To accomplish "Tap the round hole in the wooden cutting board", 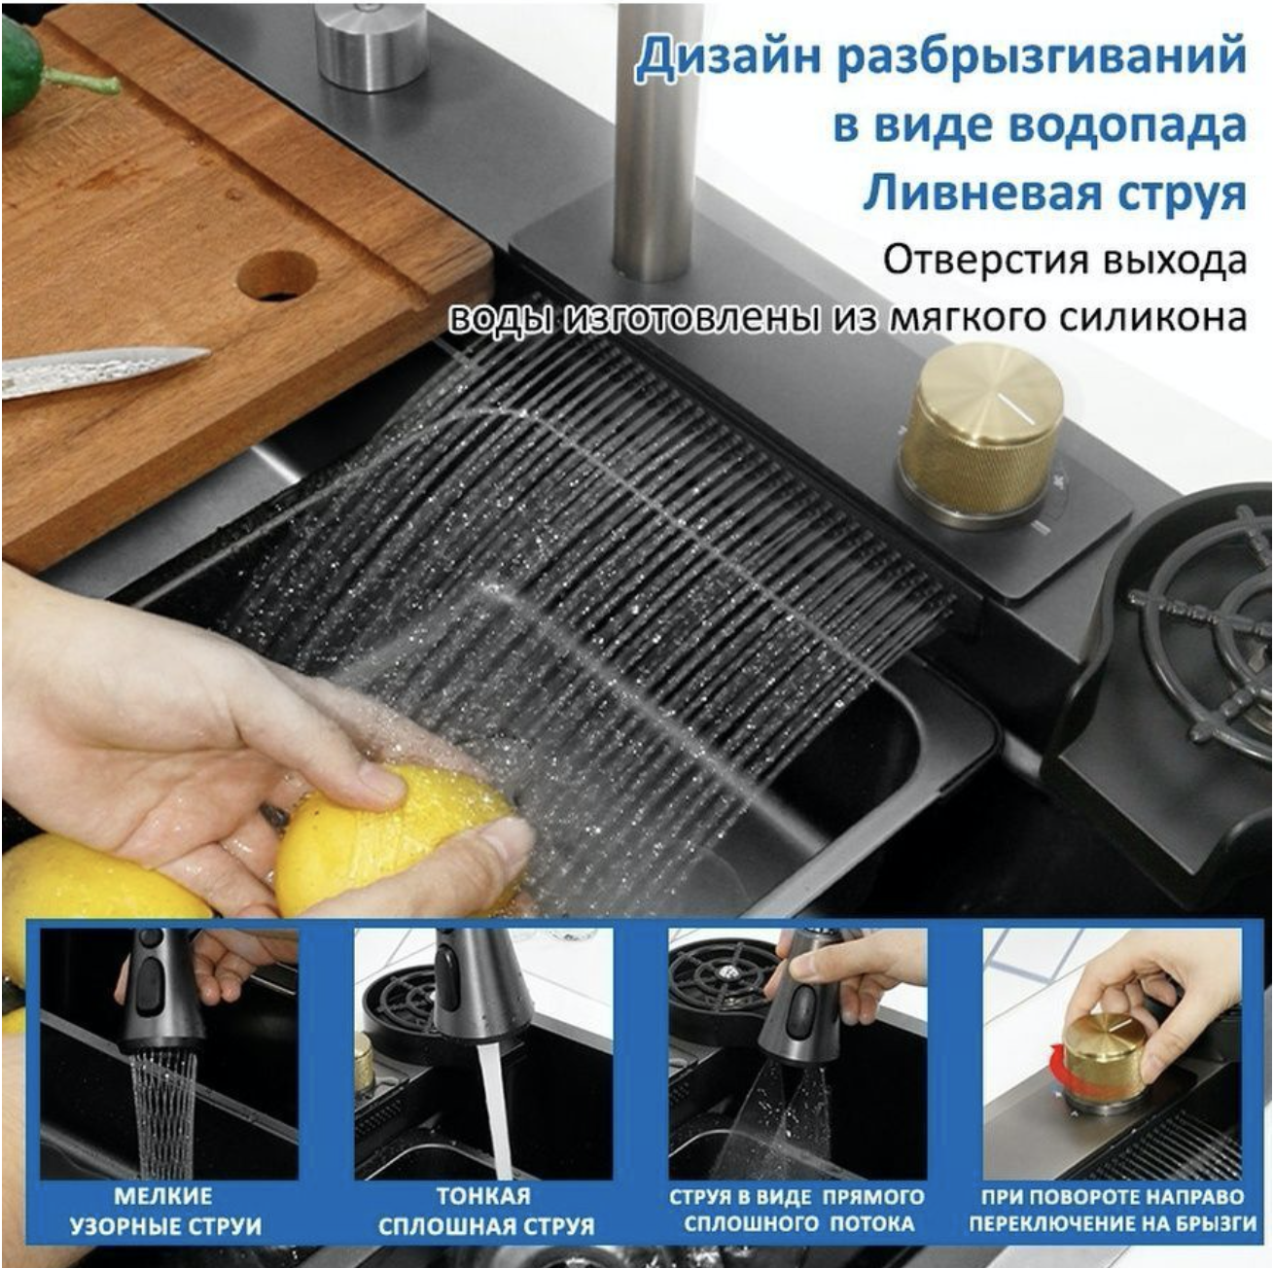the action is tap(276, 275).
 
